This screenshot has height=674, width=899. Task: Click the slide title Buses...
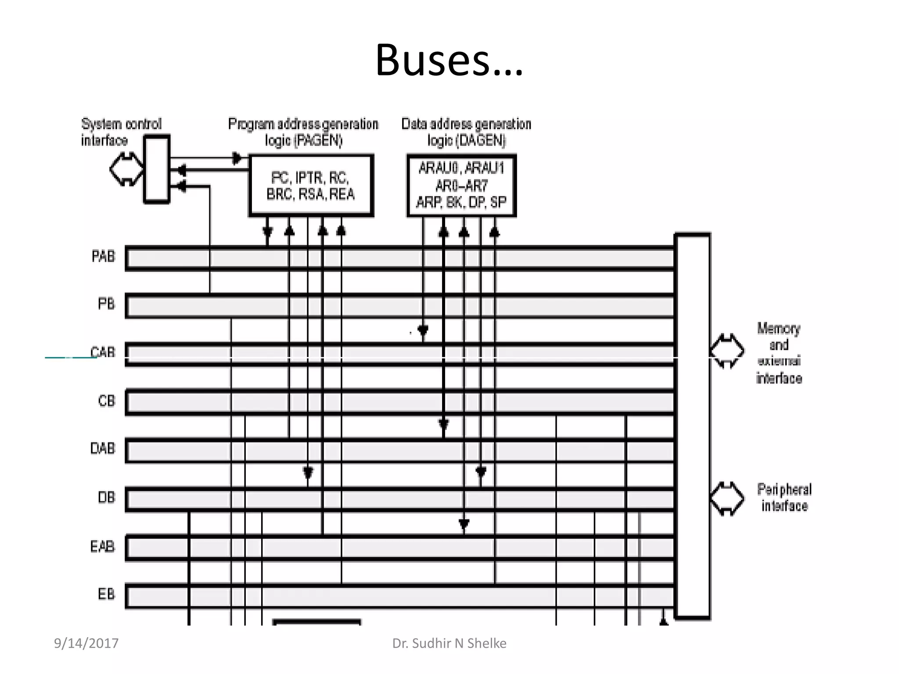pyautogui.click(x=449, y=60)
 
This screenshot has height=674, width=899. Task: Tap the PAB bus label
pyautogui.click(x=103, y=256)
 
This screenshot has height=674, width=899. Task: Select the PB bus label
pyautogui.click(x=106, y=304)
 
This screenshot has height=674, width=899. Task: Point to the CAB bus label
pyautogui.click(x=103, y=352)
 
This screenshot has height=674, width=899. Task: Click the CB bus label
pyautogui.click(x=106, y=401)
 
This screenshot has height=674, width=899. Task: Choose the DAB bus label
pyautogui.click(x=102, y=448)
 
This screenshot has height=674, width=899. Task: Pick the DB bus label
pyautogui.click(x=106, y=498)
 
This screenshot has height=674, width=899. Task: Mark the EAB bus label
pyautogui.click(x=102, y=546)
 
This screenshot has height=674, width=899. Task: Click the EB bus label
pyautogui.click(x=106, y=594)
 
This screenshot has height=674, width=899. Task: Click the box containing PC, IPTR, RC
pyautogui.click(x=311, y=186)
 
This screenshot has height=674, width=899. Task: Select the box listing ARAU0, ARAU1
pyautogui.click(x=461, y=186)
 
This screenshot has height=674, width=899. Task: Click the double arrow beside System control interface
pyautogui.click(x=126, y=169)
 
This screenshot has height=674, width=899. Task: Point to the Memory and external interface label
pyautogui.click(x=778, y=353)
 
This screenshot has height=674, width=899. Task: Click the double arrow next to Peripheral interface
pyautogui.click(x=726, y=498)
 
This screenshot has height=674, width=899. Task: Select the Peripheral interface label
pyautogui.click(x=784, y=498)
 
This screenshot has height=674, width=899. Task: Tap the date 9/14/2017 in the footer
pyautogui.click(x=86, y=643)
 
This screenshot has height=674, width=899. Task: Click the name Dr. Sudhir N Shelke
pyautogui.click(x=449, y=643)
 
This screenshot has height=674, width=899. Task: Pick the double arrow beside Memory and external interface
pyautogui.click(x=726, y=351)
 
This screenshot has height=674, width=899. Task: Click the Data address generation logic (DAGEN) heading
pyautogui.click(x=466, y=132)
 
